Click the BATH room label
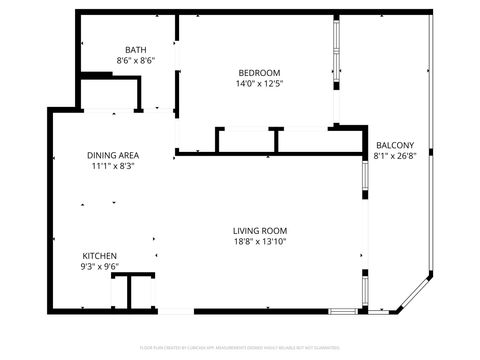pos(136,50)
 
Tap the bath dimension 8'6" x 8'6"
pos(136,61)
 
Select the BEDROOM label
pos(259,71)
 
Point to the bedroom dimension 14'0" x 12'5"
pos(259,83)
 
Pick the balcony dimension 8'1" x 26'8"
pos(394,156)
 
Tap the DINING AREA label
pos(112,155)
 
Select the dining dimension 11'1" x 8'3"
pos(112,166)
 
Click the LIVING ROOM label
pos(260,230)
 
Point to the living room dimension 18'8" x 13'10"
pos(260,241)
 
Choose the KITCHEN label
pos(100,255)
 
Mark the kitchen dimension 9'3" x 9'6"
pos(100,267)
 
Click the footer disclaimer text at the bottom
pos(240,347)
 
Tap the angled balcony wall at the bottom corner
pos(415,292)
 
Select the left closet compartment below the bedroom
pos(246,140)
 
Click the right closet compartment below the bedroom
pos(305,140)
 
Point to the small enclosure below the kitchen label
pos(133,292)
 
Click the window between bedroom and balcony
pos(335,70)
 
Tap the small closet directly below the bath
pos(110,95)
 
